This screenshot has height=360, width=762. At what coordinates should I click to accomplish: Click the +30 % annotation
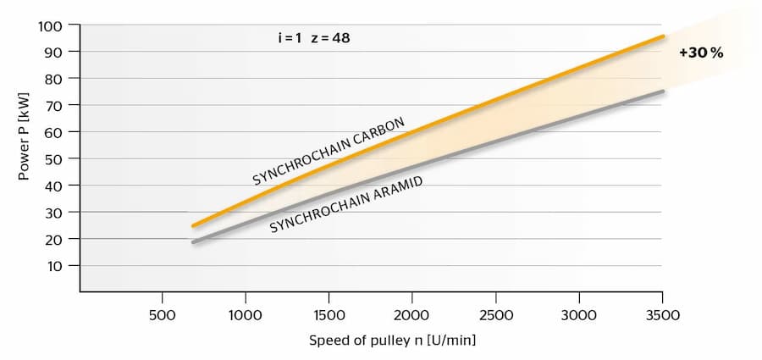pyautogui.click(x=700, y=53)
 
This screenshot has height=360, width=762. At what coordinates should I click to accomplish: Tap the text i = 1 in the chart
pyautogui.click(x=290, y=38)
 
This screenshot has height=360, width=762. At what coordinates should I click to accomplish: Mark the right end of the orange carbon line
pyautogui.click(x=663, y=36)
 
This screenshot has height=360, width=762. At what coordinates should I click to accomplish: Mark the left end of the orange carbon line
pyautogui.click(x=193, y=226)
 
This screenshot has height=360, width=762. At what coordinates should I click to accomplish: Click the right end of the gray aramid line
pyautogui.click(x=663, y=91)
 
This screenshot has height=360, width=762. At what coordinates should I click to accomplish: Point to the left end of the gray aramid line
pyautogui.click(x=193, y=242)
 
